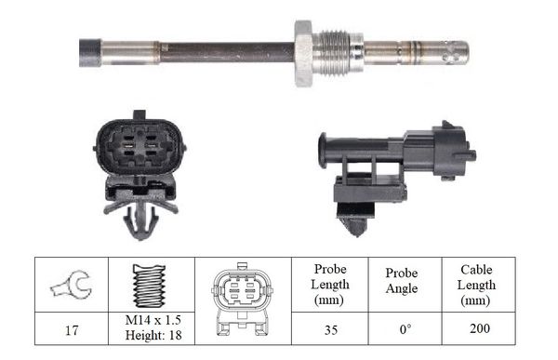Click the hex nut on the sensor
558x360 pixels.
click(x=303, y=53)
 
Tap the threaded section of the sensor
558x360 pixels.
click(x=334, y=53)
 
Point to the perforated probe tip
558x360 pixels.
click(x=452, y=53)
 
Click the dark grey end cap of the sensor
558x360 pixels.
click(x=90, y=53)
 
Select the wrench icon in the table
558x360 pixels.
click(x=72, y=284)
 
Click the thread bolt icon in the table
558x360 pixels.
click(x=150, y=286)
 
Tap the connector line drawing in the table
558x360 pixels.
click(x=242, y=300)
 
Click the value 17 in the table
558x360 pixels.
click(x=72, y=330)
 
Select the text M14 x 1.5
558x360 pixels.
click(x=153, y=320)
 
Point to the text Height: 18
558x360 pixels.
click(x=153, y=335)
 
